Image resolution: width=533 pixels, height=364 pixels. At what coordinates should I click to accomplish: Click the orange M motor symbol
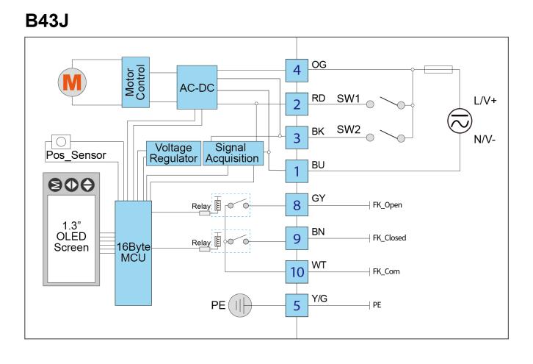click(72, 82)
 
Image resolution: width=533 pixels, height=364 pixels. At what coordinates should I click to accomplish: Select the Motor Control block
click(136, 82)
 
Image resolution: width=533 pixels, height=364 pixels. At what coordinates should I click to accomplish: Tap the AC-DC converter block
click(197, 88)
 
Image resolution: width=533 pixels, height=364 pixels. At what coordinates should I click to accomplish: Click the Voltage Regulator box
click(173, 153)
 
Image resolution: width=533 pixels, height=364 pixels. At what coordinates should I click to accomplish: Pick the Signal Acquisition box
click(233, 153)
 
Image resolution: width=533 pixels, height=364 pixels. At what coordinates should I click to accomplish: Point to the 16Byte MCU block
click(134, 253)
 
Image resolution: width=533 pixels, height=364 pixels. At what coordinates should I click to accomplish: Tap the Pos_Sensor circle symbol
click(61, 141)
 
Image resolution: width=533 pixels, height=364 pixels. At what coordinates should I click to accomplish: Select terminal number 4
click(297, 71)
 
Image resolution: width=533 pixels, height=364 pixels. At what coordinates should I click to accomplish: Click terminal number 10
click(297, 272)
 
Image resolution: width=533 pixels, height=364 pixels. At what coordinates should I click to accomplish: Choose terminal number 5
click(297, 305)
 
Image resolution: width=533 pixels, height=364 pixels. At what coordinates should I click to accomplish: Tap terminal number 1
click(297, 171)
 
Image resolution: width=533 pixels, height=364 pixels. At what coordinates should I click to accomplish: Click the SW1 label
click(348, 99)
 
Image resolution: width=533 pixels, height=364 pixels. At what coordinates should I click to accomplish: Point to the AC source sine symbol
click(460, 121)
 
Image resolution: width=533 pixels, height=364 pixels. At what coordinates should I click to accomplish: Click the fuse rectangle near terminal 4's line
click(438, 69)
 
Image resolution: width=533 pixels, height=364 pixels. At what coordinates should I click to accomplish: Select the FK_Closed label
click(389, 238)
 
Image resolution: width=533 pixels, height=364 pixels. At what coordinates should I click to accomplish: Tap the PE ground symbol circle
click(240, 305)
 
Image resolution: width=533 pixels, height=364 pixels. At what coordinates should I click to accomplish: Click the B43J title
click(47, 21)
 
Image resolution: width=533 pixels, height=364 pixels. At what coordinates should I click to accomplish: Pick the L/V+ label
click(485, 101)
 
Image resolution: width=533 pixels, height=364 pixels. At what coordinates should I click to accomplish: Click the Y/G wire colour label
click(319, 299)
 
